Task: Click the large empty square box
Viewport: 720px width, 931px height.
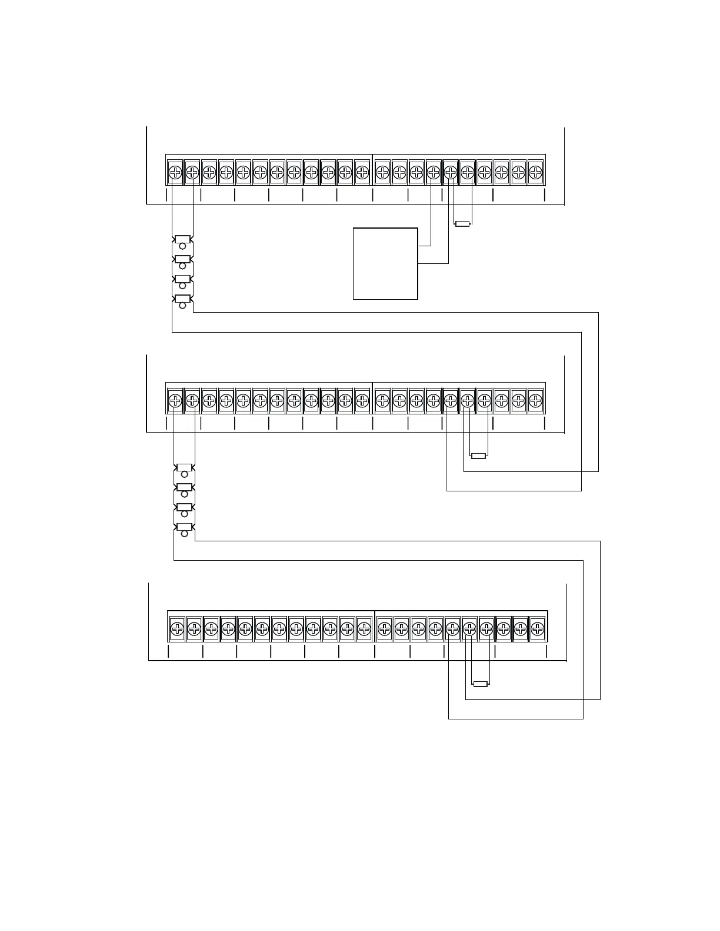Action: point(385,263)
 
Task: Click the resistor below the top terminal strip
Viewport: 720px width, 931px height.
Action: point(463,223)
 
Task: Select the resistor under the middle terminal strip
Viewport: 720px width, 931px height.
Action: point(478,456)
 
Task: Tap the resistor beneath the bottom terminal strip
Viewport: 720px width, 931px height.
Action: point(481,684)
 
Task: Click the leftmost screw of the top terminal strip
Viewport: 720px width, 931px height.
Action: point(175,172)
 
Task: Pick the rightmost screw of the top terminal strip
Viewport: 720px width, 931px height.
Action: point(535,172)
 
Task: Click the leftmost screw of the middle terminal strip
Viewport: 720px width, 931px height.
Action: point(175,401)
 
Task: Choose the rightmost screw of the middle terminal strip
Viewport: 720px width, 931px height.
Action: point(535,401)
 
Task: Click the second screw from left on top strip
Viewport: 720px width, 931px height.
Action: point(192,172)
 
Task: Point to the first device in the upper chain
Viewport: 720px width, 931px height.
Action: point(182,240)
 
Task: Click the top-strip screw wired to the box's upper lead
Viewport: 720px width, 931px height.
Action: point(433,172)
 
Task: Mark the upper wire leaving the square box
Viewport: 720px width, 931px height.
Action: point(425,245)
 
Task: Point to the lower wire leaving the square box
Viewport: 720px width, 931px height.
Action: point(433,263)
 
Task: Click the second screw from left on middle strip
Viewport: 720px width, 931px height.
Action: point(192,401)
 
